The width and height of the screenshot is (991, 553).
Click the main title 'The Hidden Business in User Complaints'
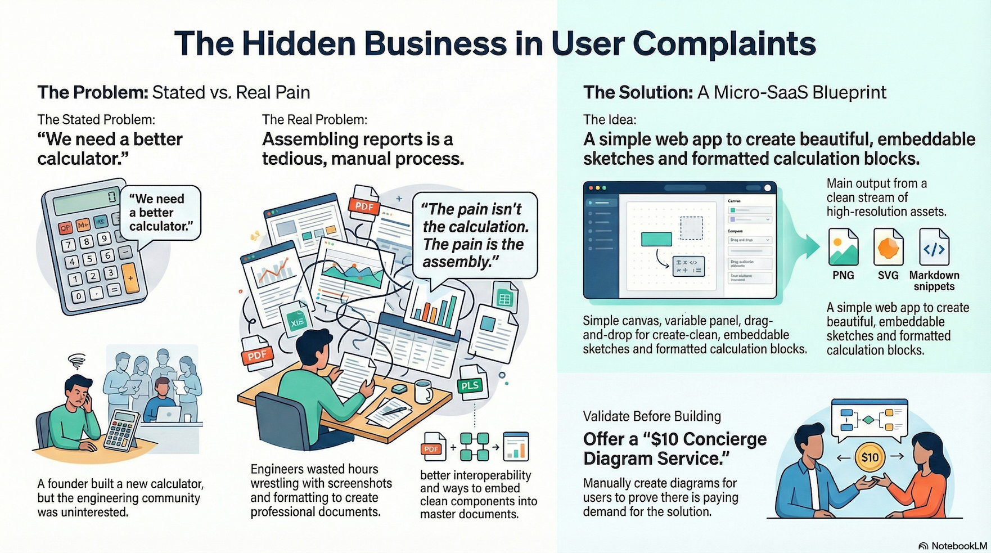(495, 44)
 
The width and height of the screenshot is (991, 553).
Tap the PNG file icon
(843, 247)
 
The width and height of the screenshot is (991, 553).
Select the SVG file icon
(888, 247)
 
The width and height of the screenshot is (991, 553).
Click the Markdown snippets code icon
(934, 247)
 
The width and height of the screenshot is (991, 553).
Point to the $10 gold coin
(870, 457)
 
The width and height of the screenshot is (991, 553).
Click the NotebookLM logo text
(958, 546)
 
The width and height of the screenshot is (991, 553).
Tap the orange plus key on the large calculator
(130, 278)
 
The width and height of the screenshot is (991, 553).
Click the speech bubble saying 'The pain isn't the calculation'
(475, 235)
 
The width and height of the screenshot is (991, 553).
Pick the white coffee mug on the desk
(423, 391)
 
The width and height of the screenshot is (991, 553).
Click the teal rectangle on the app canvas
(656, 239)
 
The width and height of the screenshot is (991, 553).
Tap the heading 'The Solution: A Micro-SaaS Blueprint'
(735, 92)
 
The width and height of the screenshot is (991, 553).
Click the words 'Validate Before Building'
(652, 416)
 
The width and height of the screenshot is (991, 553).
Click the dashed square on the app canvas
(691, 228)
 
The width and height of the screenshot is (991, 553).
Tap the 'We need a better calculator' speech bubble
(160, 213)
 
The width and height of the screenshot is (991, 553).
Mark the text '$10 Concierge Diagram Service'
(674, 448)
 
